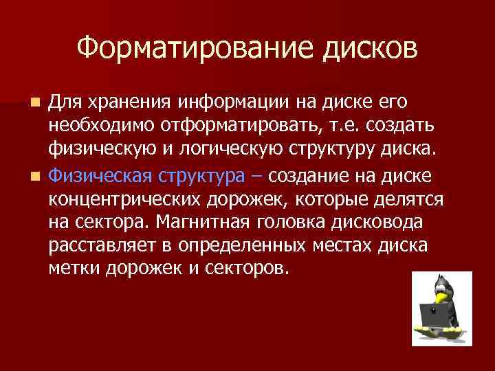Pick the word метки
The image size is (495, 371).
pos(74,269)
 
